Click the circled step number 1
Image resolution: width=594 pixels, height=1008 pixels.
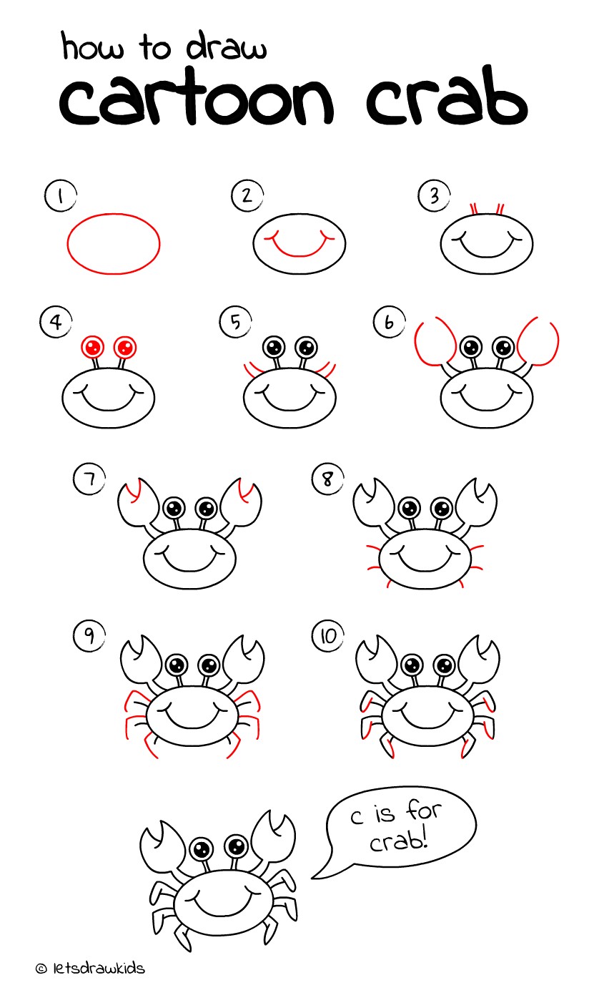60,195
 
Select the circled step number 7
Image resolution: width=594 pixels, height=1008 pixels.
89,479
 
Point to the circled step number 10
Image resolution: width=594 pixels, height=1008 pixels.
328,636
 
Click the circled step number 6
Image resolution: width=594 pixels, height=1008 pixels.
389,323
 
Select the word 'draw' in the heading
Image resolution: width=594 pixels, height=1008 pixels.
227,49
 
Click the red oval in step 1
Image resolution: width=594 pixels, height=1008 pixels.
114,243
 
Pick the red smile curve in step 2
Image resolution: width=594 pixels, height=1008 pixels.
300,248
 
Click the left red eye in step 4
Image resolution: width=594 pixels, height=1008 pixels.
92,348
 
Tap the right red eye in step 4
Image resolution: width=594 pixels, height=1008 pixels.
125,348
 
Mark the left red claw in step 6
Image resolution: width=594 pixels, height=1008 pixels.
433,342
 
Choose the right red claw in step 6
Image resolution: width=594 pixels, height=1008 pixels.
539,342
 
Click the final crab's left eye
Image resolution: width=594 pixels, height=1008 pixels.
202,849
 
